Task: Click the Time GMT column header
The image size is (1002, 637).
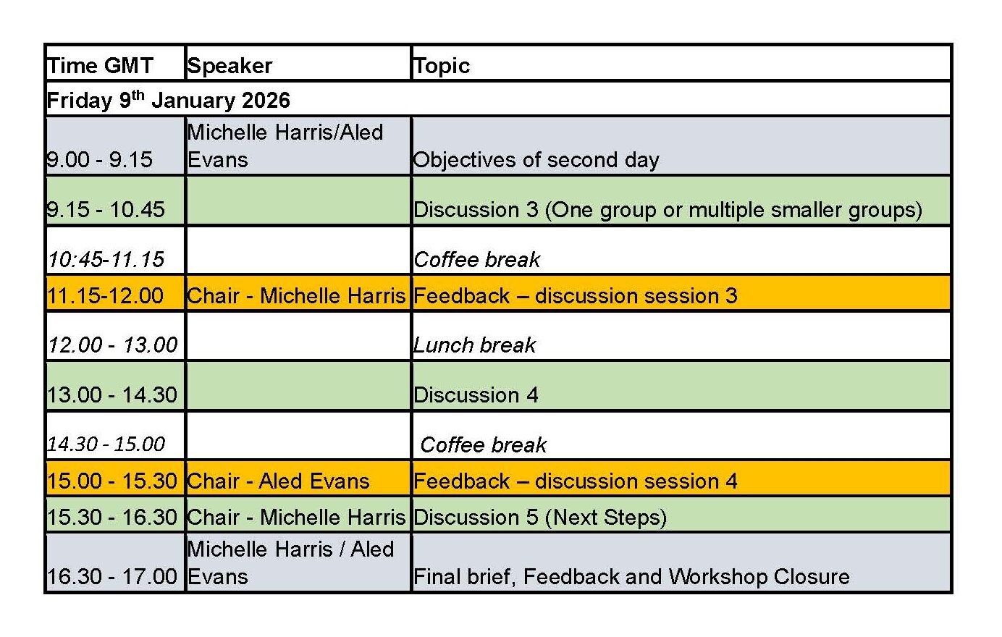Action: pyautogui.click(x=101, y=66)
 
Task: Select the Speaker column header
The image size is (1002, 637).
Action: pyautogui.click(x=230, y=66)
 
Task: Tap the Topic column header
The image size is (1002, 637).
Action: pyautogui.click(x=442, y=66)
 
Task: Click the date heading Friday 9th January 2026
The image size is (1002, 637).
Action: pyautogui.click(x=169, y=100)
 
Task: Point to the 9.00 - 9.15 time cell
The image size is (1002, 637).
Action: pyautogui.click(x=100, y=159)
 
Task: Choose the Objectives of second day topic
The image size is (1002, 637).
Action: pyautogui.click(x=536, y=159)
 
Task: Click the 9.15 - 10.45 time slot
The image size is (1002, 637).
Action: pyautogui.click(x=106, y=209)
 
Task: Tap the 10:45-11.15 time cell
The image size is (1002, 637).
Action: pyautogui.click(x=106, y=259)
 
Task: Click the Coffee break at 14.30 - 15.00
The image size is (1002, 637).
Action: pyautogui.click(x=484, y=444)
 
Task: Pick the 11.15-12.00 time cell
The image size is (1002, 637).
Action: pyautogui.click(x=106, y=295)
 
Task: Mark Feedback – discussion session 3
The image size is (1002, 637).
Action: pyautogui.click(x=575, y=295)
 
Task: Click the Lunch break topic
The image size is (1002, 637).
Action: pyautogui.click(x=475, y=345)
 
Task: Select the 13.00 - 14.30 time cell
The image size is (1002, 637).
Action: pyautogui.click(x=112, y=395)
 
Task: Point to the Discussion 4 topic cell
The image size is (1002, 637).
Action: pyautogui.click(x=476, y=395)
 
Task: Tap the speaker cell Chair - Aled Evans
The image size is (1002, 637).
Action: pyautogui.click(x=279, y=481)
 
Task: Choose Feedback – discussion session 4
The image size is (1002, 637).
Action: pyautogui.click(x=575, y=481)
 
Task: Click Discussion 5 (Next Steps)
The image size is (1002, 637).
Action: pyautogui.click(x=539, y=518)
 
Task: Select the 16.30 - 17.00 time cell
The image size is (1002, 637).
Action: pyautogui.click(x=112, y=576)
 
